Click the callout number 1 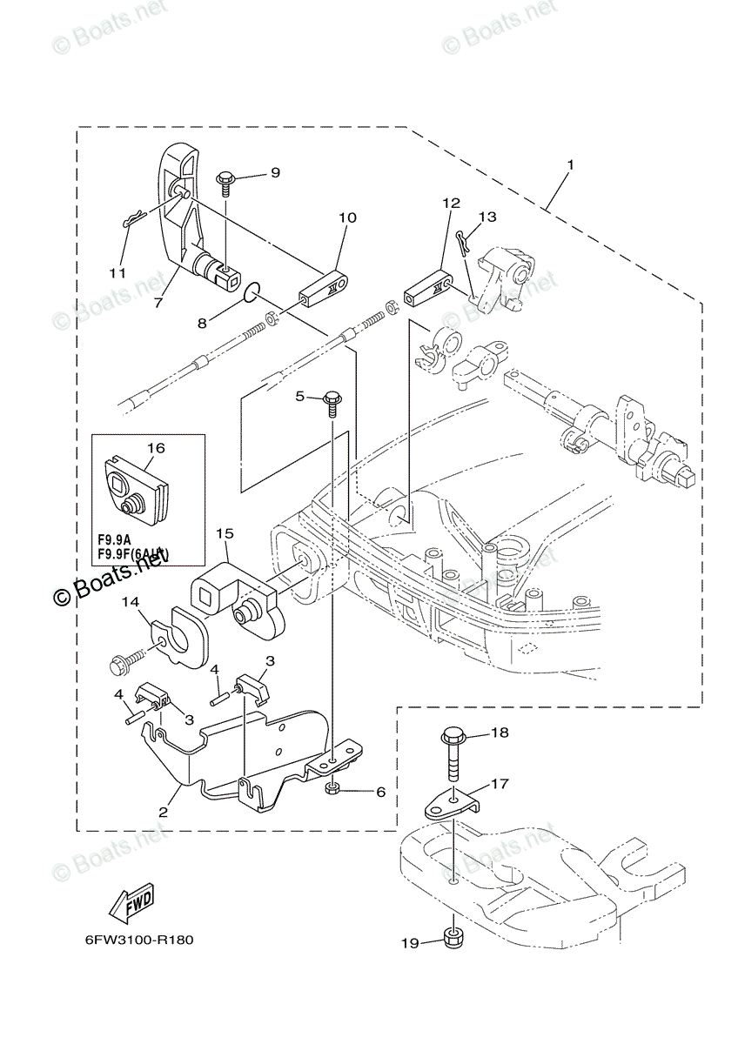point(570,164)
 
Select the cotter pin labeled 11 point(130,223)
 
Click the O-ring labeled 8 point(251,291)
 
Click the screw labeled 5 point(332,400)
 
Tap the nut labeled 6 point(332,788)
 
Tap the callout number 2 point(162,812)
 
